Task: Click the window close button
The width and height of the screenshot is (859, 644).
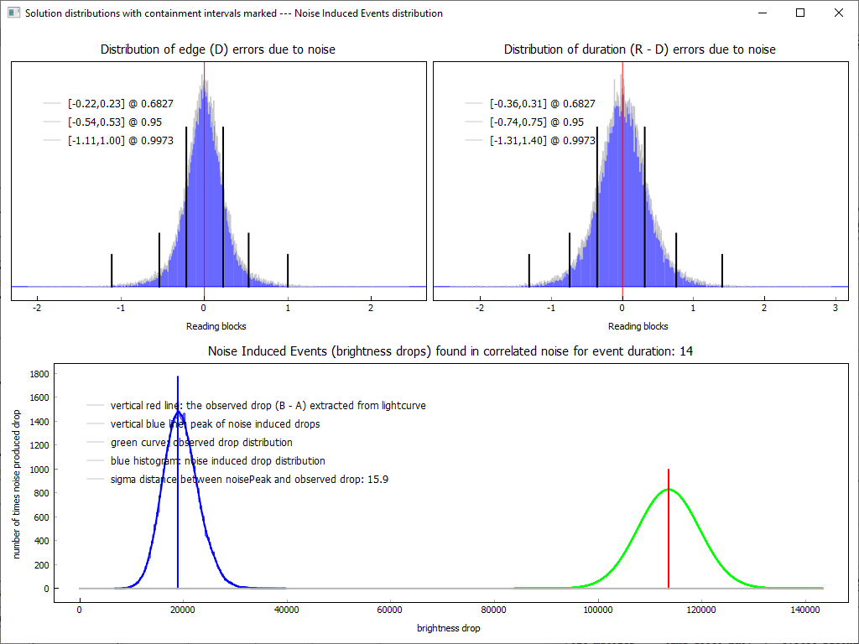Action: coord(838,13)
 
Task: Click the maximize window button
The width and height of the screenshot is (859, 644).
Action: coord(800,13)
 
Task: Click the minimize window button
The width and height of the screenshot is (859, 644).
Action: coord(762,13)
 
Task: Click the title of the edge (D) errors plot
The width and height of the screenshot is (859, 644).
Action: coord(218,49)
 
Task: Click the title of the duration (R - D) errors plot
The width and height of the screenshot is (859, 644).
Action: coord(640,49)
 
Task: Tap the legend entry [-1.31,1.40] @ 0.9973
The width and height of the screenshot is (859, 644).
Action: coord(543,141)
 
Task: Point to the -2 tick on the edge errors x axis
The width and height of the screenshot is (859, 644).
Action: coord(37,308)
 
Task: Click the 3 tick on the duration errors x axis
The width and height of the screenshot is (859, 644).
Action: coord(835,308)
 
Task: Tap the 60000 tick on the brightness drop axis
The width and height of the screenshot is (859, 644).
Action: coord(390,610)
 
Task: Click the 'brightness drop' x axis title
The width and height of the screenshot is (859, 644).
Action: coord(449,628)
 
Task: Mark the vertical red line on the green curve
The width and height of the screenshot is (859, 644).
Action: coord(669,537)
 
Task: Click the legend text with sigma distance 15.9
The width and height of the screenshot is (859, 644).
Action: coord(249,480)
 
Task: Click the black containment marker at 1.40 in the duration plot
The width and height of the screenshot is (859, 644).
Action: coord(722,269)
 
